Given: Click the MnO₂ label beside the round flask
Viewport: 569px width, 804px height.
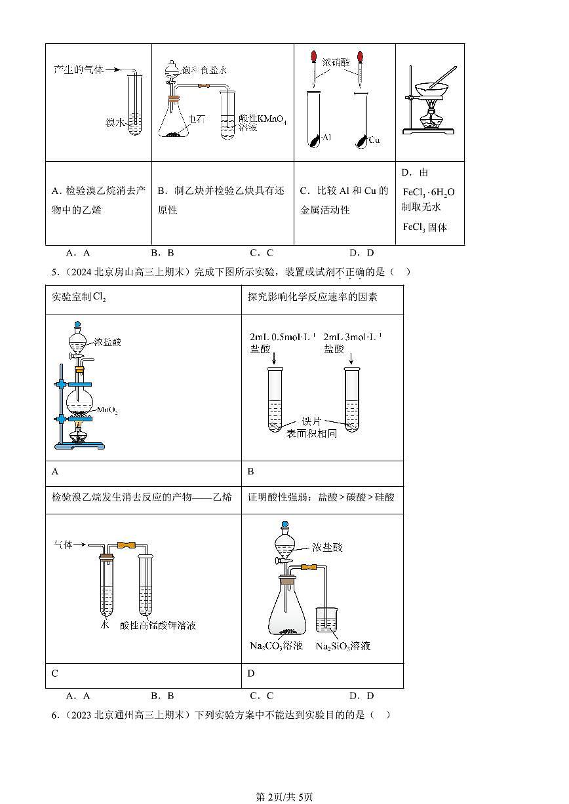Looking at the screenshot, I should coord(108,410).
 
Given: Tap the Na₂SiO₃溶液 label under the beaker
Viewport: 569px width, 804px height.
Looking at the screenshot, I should coord(343,646).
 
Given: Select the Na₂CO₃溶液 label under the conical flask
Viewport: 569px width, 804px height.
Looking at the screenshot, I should coord(276,646).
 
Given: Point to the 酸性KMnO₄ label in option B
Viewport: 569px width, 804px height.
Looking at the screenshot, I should coord(263,119).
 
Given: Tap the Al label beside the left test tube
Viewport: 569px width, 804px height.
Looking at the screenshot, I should coord(326,139).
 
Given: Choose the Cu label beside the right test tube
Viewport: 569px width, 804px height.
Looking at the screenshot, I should coord(374,140).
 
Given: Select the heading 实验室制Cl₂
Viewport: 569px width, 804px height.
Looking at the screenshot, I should coord(79,297).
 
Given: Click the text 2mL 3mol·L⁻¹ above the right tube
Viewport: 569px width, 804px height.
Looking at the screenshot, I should coord(353,337).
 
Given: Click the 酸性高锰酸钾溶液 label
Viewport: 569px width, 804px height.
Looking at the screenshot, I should coord(158,625).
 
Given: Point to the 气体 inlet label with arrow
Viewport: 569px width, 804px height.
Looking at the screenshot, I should coord(64,545).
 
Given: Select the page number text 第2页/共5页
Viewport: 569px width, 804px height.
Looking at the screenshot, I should coord(284,796).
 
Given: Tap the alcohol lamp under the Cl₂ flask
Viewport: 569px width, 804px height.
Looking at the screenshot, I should coord(79,434).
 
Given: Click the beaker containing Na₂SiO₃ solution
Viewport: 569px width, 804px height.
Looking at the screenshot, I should coord(326,620).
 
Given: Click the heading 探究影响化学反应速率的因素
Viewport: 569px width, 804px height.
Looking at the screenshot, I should coord(312,297).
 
